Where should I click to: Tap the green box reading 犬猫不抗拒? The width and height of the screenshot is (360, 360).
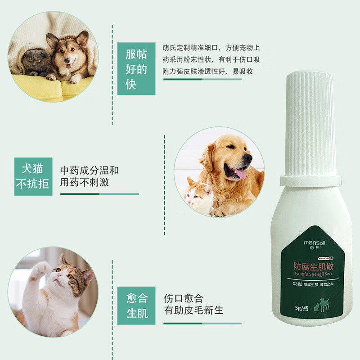click(33, 176)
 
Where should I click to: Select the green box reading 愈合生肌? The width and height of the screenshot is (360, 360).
click(136, 306)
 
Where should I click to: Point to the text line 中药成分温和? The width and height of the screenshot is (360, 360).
click(90, 171)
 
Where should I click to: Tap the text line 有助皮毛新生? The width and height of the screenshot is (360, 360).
click(193, 310)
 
